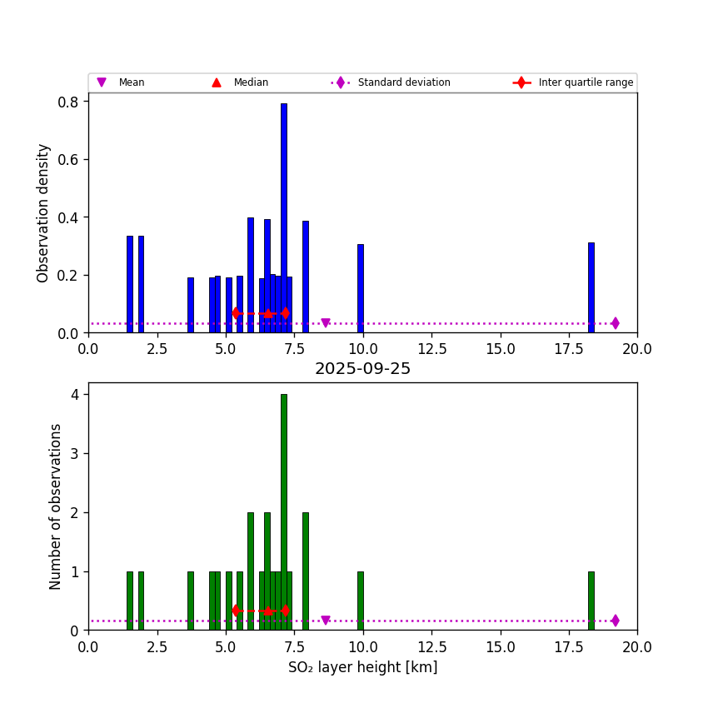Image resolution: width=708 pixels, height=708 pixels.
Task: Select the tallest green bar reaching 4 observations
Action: click(x=283, y=512)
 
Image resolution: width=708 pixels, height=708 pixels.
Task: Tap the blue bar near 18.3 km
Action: click(x=591, y=287)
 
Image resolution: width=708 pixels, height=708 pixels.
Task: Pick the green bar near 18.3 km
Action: click(x=591, y=601)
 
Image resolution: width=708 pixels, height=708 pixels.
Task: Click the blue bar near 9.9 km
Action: click(x=360, y=288)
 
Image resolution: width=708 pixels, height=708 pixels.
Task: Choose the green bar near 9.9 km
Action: click(x=360, y=601)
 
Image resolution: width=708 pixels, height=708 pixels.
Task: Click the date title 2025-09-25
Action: click(x=362, y=369)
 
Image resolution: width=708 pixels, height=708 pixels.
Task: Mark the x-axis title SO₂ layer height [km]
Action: click(x=362, y=667)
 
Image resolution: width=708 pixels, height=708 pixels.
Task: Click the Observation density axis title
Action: click(x=44, y=212)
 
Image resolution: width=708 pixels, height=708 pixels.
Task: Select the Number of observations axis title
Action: click(x=56, y=506)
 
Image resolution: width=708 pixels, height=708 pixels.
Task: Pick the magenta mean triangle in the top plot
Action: click(x=326, y=323)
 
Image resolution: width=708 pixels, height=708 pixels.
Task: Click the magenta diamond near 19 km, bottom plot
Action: click(x=615, y=621)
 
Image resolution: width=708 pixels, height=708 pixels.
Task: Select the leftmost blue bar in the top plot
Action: click(x=130, y=284)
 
